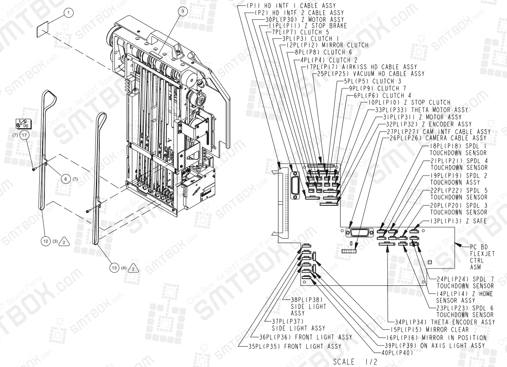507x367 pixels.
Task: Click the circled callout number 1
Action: pyautogui.click(x=67, y=13)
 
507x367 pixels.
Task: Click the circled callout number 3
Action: pyautogui.click(x=182, y=11)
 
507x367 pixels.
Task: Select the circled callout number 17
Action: pyautogui.click(x=25, y=135)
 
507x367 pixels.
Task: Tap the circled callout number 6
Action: pyautogui.click(x=65, y=179)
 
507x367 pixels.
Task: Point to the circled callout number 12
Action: pyautogui.click(x=46, y=241)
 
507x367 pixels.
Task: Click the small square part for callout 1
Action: pyautogui.click(x=44, y=30)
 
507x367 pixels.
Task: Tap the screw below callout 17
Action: pyautogui.click(x=33, y=170)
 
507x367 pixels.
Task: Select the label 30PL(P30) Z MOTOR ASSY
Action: pyautogui.click(x=304, y=19)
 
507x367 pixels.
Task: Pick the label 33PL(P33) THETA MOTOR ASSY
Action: pyautogui.click(x=422, y=110)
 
